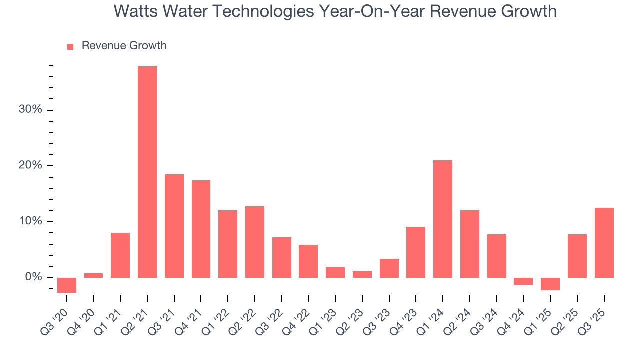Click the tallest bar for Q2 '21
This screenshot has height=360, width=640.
147,172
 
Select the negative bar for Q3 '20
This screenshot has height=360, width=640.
67,285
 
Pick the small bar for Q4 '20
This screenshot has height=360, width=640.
94,275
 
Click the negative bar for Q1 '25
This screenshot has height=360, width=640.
550,284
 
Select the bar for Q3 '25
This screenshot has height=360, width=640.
604,243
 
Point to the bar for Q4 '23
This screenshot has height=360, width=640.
416,252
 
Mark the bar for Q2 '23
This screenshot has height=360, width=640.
362,274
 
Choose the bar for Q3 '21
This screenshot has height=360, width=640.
174,226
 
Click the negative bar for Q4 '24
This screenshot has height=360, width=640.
523,281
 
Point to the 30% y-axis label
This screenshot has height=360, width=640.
30,110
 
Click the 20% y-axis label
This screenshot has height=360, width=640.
30,166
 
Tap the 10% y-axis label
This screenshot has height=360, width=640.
30,221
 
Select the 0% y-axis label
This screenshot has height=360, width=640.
33,277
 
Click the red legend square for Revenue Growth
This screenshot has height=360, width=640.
70,46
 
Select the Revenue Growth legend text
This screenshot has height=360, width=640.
124,46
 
